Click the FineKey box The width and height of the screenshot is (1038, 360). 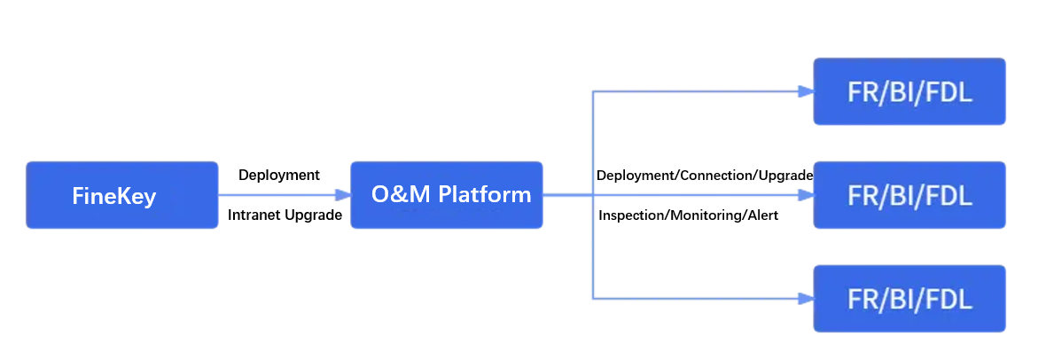[x=121, y=195]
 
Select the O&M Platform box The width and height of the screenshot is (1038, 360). [x=446, y=195]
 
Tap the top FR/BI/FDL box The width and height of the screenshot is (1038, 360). [x=909, y=91]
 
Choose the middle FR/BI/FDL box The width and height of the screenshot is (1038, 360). [x=909, y=195]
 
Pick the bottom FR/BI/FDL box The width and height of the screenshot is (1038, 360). [x=909, y=299]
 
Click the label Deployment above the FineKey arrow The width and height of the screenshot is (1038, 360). [x=279, y=176]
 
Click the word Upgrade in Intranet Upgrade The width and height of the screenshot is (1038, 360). [x=313, y=215]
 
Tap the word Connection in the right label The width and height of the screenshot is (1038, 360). [x=715, y=176]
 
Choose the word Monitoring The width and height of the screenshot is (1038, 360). [x=706, y=215]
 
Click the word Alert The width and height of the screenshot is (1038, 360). [x=762, y=215]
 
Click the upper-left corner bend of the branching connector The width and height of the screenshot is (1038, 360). [x=593, y=91]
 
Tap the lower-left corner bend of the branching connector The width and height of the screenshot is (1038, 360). [x=593, y=299]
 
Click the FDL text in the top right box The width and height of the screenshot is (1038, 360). [x=949, y=91]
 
